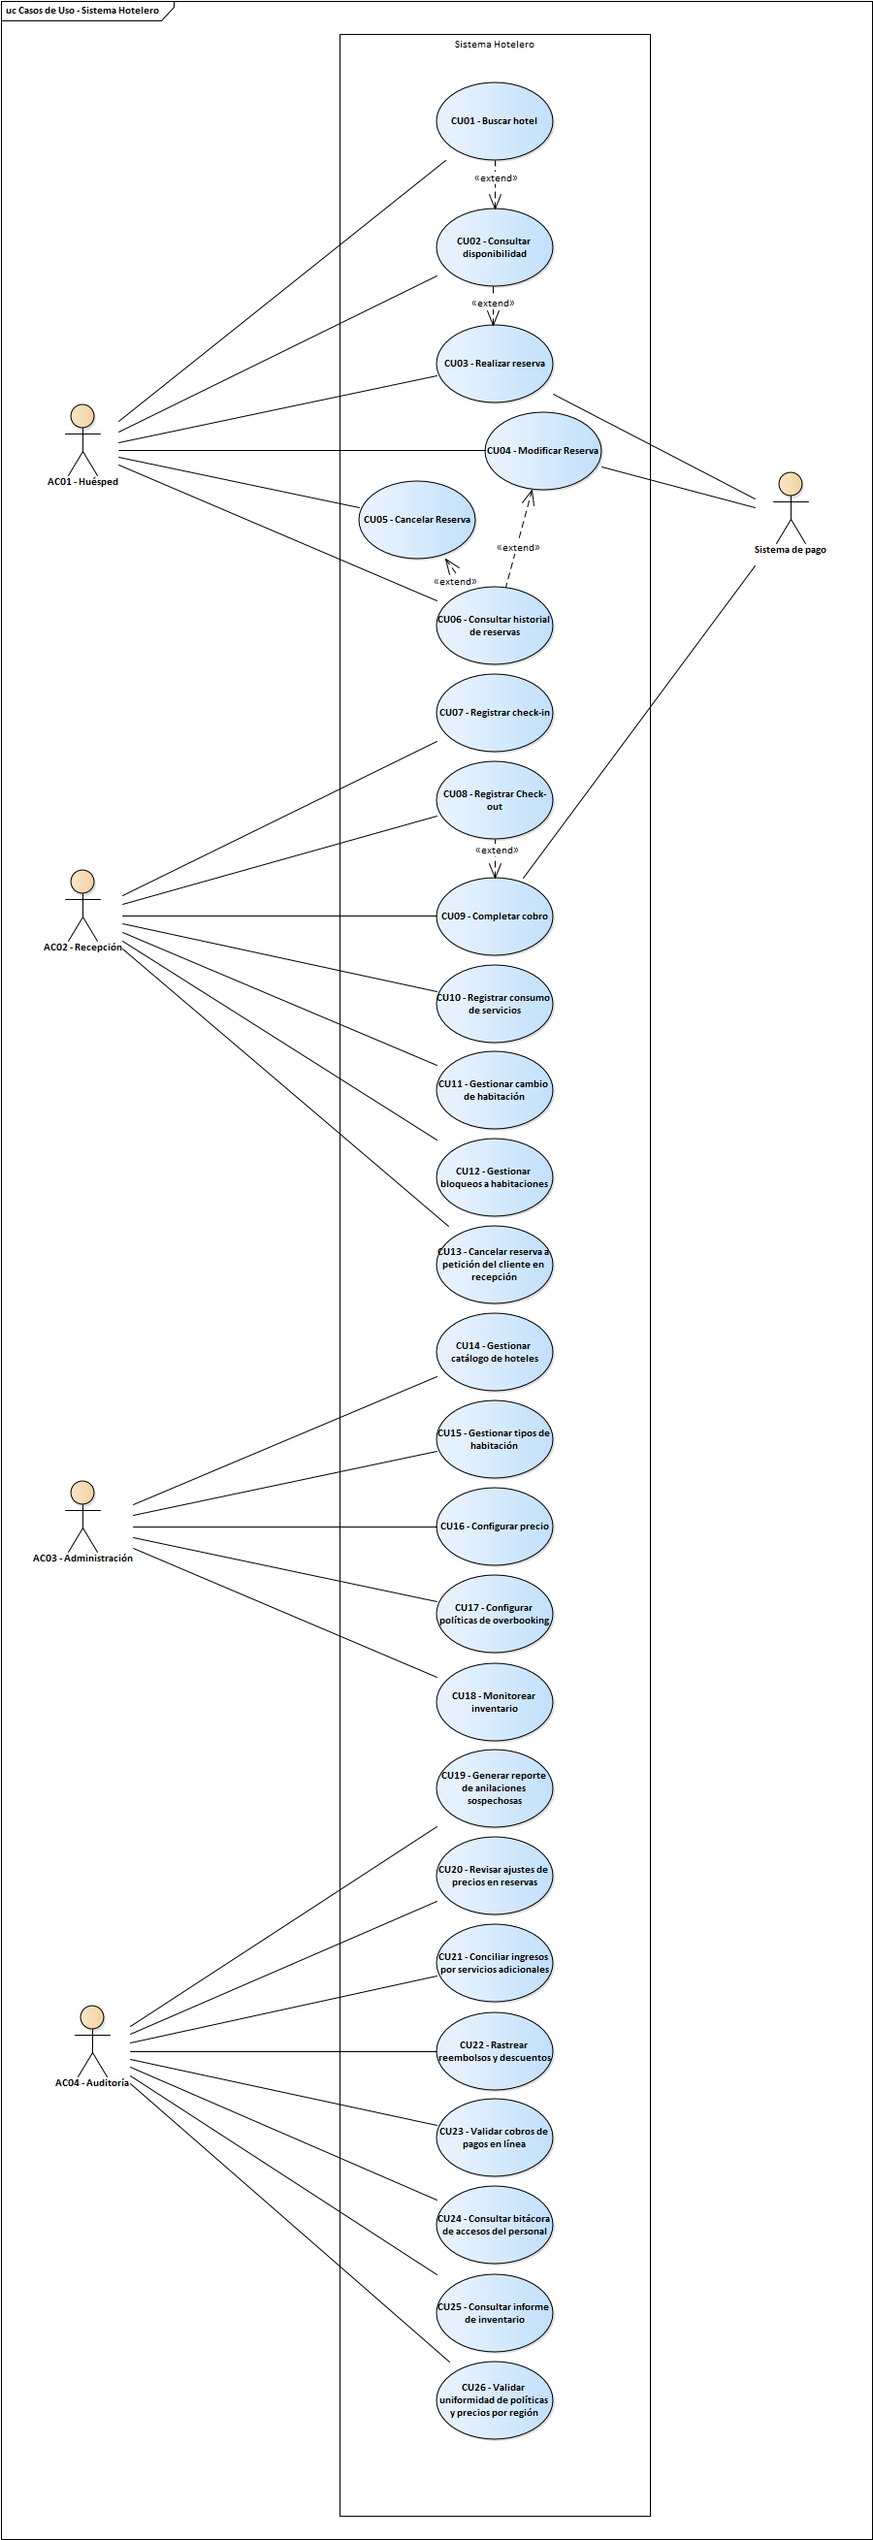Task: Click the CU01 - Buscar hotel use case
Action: point(494,120)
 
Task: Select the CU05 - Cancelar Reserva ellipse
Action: point(416,520)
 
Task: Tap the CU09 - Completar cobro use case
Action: point(494,916)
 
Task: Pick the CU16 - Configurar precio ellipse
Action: point(494,1526)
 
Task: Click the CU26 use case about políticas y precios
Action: point(494,2400)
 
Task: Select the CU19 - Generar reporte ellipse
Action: point(494,1787)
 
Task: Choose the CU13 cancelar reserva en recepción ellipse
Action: point(494,1264)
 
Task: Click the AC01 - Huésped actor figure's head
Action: point(82,415)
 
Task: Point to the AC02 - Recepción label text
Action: point(82,947)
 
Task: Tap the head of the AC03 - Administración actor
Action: point(82,1492)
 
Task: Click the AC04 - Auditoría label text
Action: point(92,2082)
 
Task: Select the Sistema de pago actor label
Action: point(791,549)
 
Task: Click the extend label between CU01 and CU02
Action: point(496,178)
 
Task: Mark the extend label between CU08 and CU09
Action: point(497,850)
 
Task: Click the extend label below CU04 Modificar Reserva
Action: point(518,547)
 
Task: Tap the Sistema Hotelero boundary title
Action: point(494,45)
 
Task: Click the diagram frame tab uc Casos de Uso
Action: point(82,11)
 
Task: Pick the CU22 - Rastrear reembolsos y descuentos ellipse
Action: point(494,2051)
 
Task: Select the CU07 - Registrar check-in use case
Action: point(494,712)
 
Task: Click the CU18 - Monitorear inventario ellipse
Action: point(494,1702)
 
